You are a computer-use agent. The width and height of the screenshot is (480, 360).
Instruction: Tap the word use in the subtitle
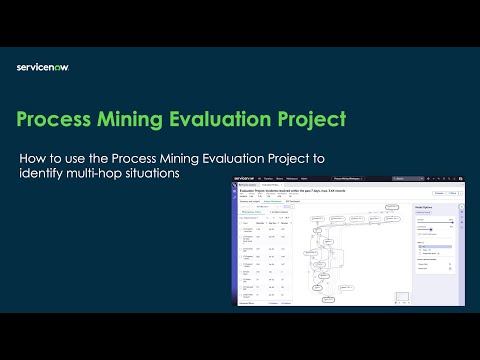[91, 158]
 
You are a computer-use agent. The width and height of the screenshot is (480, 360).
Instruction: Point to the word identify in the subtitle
[46, 174]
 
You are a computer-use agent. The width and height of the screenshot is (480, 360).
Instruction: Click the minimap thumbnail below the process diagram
[402, 297]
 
